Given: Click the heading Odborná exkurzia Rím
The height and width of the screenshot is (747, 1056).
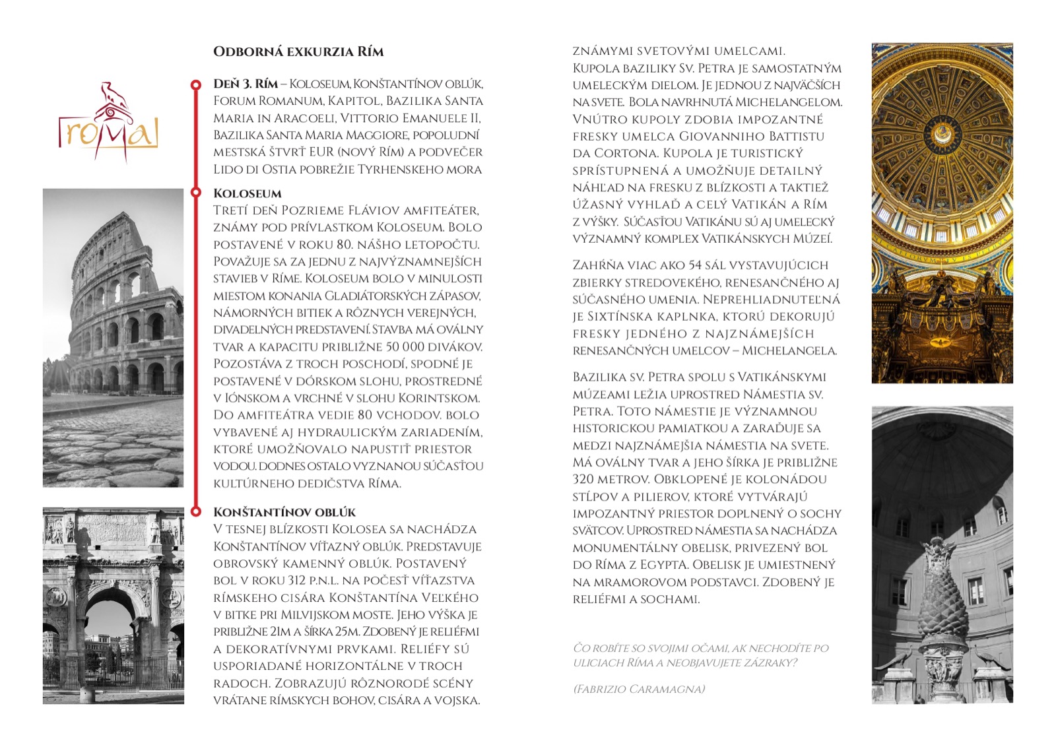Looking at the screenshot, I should click(298, 51).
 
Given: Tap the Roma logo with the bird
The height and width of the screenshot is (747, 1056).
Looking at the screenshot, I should click(109, 123).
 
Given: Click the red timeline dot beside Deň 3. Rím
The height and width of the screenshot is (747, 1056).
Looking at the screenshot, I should click(195, 84).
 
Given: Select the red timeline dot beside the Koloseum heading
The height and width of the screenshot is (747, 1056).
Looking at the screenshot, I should click(195, 193).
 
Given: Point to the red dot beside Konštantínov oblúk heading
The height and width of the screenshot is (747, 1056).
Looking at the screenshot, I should click(195, 511).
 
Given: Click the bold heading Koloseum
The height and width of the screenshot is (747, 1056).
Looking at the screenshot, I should click(247, 193).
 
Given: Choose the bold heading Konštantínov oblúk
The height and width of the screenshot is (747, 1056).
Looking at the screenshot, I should click(284, 512).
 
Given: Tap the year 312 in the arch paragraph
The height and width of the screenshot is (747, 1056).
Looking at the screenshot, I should click(296, 581).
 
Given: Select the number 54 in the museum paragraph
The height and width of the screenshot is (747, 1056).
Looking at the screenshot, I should click(695, 265).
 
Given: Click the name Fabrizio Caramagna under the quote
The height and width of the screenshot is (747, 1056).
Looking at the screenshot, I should click(639, 690).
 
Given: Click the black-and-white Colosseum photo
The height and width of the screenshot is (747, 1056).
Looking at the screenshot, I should click(113, 337).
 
